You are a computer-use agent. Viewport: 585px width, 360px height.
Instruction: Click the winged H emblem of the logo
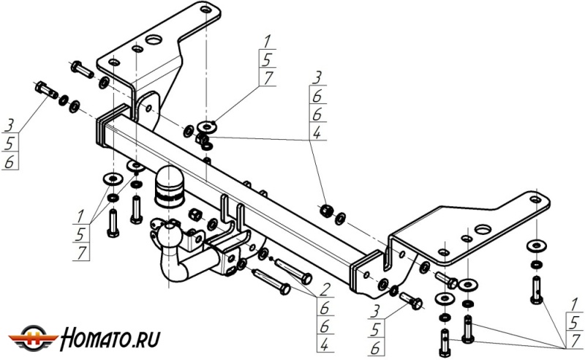[x=33, y=339]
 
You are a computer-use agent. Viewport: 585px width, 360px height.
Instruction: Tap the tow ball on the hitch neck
[x=170, y=235]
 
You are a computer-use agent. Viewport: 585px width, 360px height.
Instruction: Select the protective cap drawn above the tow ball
[x=169, y=186]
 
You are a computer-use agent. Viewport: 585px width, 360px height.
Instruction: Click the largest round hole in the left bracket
[x=154, y=40]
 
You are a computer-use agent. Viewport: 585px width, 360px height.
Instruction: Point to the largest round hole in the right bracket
[x=483, y=230]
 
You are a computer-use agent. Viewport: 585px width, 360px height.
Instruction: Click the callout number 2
[x=325, y=289]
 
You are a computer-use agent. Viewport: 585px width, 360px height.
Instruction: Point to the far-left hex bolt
[x=46, y=90]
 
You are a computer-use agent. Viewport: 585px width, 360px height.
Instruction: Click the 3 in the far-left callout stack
[x=10, y=125]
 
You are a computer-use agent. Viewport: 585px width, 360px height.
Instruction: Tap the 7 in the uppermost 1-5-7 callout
[x=268, y=78]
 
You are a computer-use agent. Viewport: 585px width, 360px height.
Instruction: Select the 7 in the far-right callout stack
[x=576, y=340]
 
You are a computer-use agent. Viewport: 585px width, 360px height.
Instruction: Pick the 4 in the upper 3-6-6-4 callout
[x=317, y=132]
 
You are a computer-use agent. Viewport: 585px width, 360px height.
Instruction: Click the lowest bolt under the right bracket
[x=445, y=343]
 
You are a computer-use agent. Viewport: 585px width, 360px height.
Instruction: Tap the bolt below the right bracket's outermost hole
[x=536, y=290]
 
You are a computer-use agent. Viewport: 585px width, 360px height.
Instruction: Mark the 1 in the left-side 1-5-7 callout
[x=80, y=217]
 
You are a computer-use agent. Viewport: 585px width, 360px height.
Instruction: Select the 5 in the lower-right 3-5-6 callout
[x=375, y=330]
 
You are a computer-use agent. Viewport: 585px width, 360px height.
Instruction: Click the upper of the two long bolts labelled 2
[x=294, y=271]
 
